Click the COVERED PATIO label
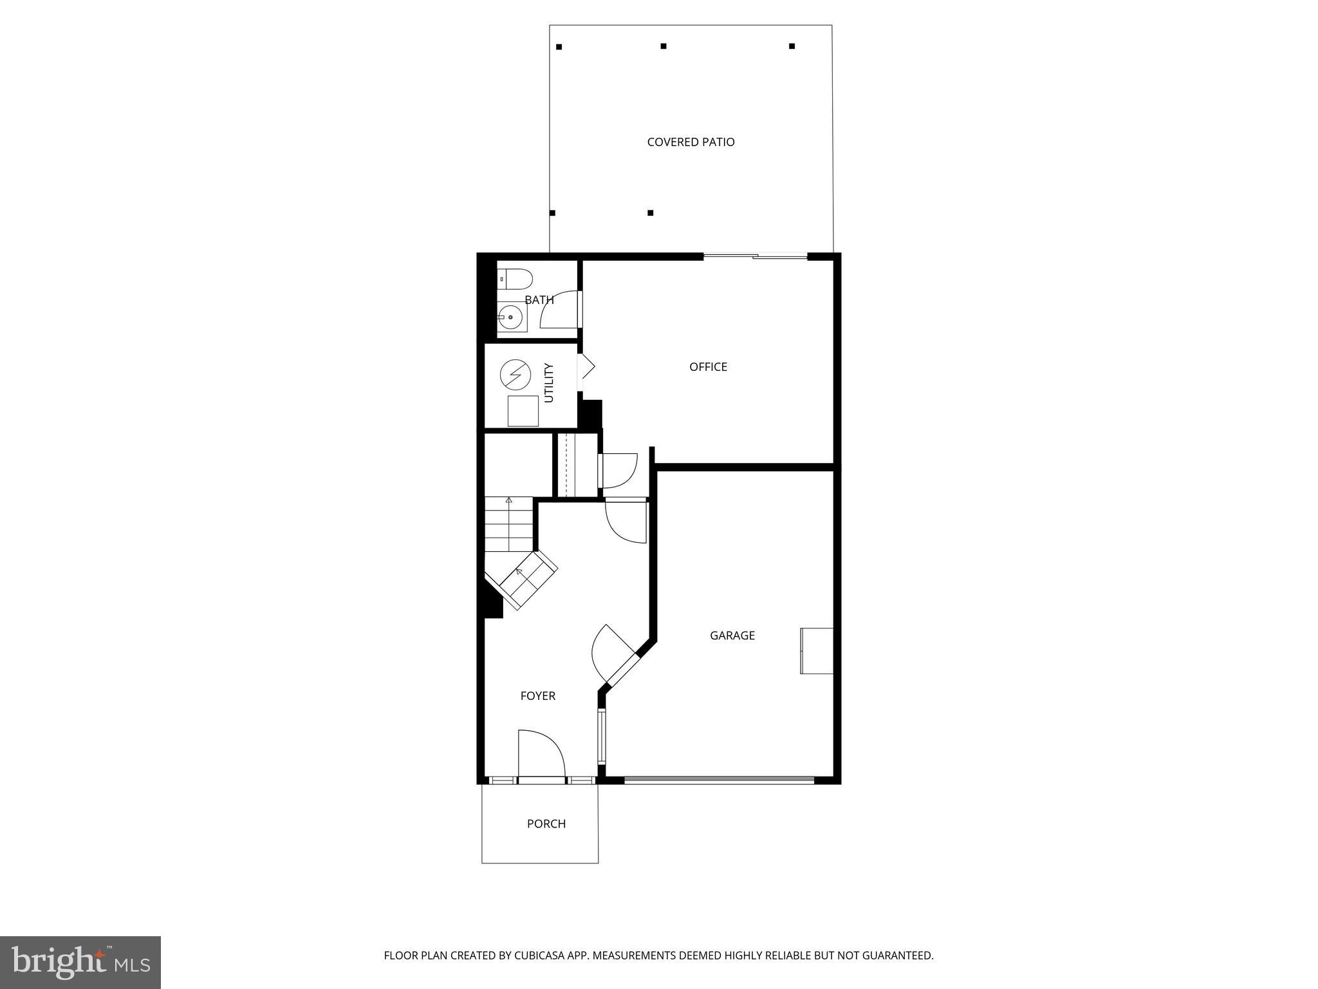691,142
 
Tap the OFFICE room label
708,366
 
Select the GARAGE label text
732,635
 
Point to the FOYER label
537,695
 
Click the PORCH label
546,824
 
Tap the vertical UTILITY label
549,383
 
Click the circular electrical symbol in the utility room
515,374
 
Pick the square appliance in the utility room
523,411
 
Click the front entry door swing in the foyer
541,753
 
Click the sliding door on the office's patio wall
755,257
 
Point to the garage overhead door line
719,780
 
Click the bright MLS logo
80,962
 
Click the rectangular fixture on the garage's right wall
817,651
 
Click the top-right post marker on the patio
792,46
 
